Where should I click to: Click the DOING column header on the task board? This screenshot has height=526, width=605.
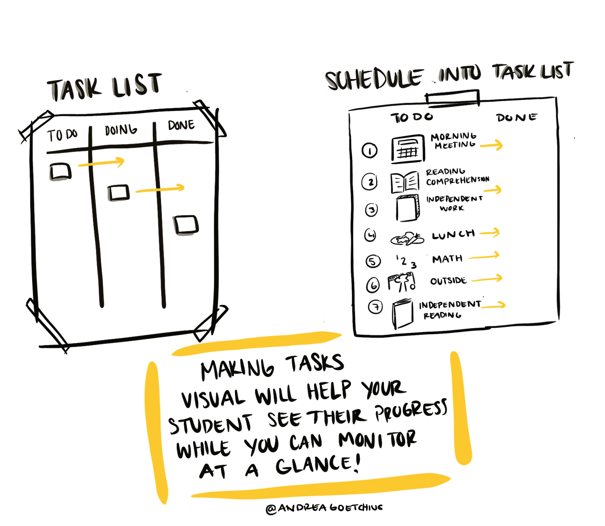[x=121, y=130]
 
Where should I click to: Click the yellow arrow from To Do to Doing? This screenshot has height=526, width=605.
[x=102, y=163]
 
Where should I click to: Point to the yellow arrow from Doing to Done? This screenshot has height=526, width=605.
[x=160, y=189]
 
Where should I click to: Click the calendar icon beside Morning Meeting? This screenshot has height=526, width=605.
[x=408, y=149]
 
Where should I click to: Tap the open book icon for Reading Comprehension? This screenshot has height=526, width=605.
[x=405, y=182]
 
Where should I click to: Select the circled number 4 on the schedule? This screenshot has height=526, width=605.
[x=370, y=234]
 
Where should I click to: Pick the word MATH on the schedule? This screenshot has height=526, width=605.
[x=447, y=259]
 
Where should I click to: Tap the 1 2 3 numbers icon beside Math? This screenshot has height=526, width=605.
[x=406, y=261]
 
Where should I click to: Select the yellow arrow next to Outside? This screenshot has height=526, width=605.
[x=487, y=279]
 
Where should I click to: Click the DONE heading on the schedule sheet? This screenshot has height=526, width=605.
[x=517, y=118]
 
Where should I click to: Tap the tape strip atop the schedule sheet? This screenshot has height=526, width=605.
[x=453, y=98]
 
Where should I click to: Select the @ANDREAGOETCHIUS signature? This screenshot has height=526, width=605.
[x=324, y=508]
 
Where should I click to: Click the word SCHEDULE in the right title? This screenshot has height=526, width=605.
[x=374, y=79]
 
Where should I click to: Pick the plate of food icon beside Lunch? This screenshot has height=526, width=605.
[x=407, y=239]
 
